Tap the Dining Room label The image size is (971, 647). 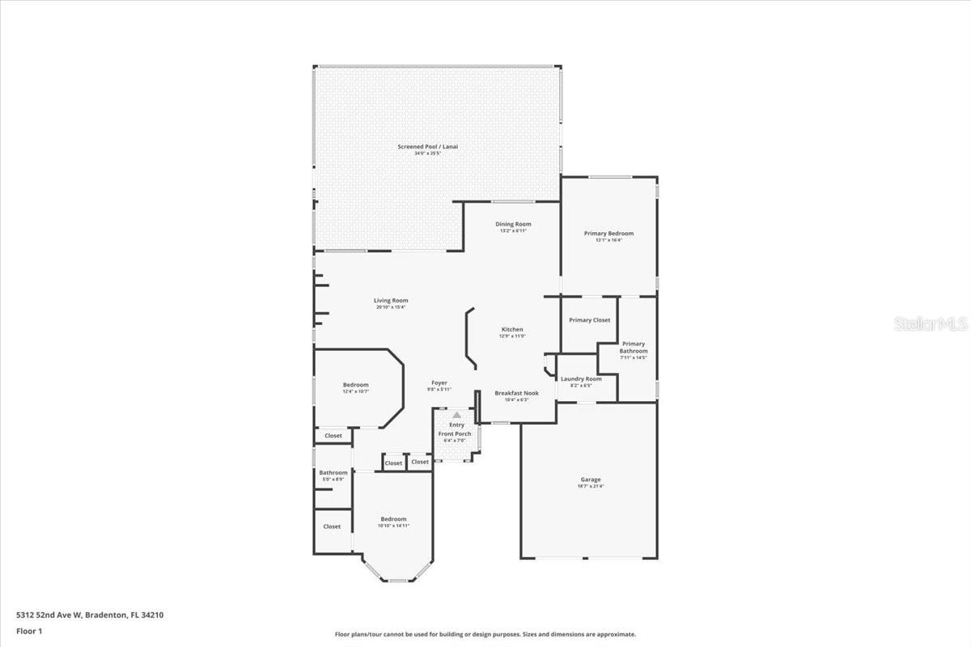coord(513,225)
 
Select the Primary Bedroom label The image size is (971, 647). coord(608,234)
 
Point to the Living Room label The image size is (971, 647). coord(390,301)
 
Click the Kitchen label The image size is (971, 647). coord(512,330)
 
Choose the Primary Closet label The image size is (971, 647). coord(589,320)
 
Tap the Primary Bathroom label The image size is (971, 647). coord(634,348)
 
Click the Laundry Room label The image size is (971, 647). coord(581,379)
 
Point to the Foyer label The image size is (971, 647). coord(439,383)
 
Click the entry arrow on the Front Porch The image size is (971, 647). coord(456,415)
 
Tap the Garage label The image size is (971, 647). coord(590,480)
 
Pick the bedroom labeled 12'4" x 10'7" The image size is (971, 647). coord(355,385)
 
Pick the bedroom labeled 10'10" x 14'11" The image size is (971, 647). coord(393,519)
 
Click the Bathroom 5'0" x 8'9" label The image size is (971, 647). coord(333,473)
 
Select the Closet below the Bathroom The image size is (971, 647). coord(332,526)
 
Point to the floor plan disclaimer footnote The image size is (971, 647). coord(485,635)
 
